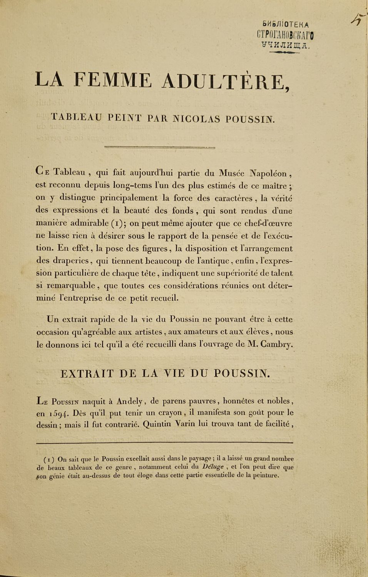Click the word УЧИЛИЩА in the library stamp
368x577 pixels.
coord(285,45)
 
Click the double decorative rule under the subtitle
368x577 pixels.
coord(159,147)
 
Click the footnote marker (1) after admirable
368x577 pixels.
coord(115,223)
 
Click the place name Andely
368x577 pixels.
coord(130,401)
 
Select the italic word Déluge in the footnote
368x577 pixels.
coord(213,467)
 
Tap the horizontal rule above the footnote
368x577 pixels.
coord(165,443)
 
